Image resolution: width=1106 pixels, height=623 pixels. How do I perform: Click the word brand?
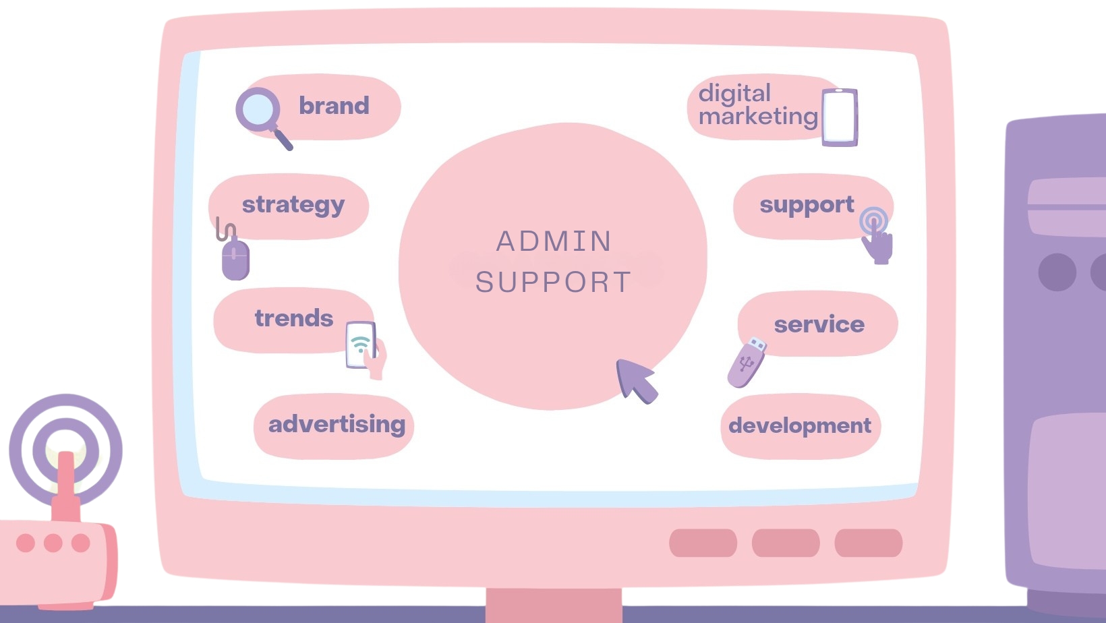[334, 106]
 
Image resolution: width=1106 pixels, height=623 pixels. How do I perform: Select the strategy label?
[293, 204]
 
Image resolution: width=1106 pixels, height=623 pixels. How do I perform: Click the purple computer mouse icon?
[235, 258]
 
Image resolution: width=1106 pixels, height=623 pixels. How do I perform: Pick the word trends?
[293, 318]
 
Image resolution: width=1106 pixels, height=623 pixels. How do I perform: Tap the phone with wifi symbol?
[362, 345]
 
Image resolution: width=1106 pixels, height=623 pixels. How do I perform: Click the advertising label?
[337, 424]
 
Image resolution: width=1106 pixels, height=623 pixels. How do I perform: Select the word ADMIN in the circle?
[554, 241]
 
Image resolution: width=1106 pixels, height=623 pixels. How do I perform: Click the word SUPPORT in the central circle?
[554, 283]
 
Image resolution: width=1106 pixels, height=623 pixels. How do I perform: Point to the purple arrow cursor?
[634, 379]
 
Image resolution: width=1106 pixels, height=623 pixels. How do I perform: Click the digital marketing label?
[757, 105]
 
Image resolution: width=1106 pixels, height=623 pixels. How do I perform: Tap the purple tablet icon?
[840, 117]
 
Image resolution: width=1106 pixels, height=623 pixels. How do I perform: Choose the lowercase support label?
[807, 205]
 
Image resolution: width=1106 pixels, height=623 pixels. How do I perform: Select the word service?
[819, 324]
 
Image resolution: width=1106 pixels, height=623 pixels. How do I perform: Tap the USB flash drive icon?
[747, 363]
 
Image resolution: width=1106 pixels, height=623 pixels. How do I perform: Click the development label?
[800, 426]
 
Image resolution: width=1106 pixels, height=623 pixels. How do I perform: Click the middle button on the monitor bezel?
[786, 543]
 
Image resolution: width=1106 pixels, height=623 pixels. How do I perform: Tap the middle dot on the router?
[53, 543]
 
